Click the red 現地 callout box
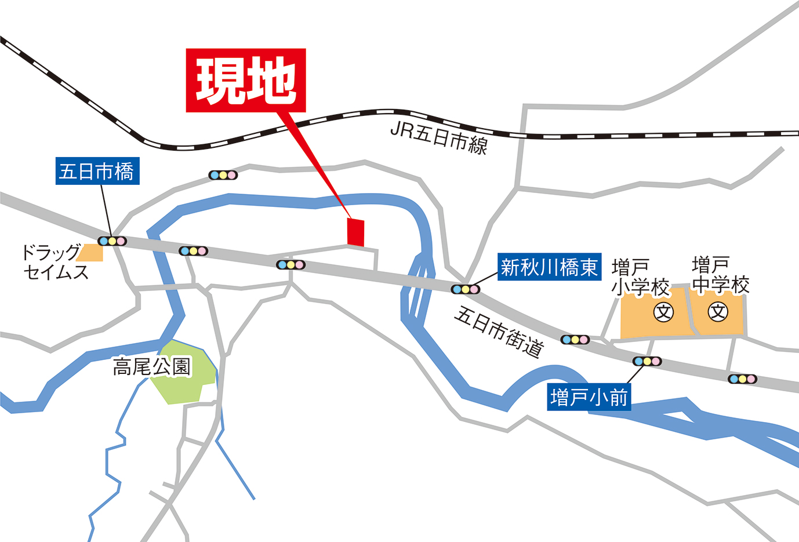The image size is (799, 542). coord(246,80)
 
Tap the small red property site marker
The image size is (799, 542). coord(355,232)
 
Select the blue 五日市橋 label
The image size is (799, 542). coord(97,171)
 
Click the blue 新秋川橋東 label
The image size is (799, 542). coord(549,267)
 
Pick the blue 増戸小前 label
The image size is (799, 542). coord(589,398)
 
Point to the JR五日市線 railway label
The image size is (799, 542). coord(439,138)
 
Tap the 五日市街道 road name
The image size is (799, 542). coord(499,332)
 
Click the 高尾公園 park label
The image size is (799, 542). coord(151,367)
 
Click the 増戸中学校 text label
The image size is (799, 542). coord(720,275)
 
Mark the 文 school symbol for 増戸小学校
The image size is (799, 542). coord(663,312)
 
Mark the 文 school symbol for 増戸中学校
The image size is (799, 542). coord(718,312)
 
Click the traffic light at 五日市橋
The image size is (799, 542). coord(112,241)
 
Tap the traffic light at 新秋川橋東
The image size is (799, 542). coord(466,289)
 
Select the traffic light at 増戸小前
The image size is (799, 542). coord(647,361)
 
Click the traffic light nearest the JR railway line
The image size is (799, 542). coord(223,175)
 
